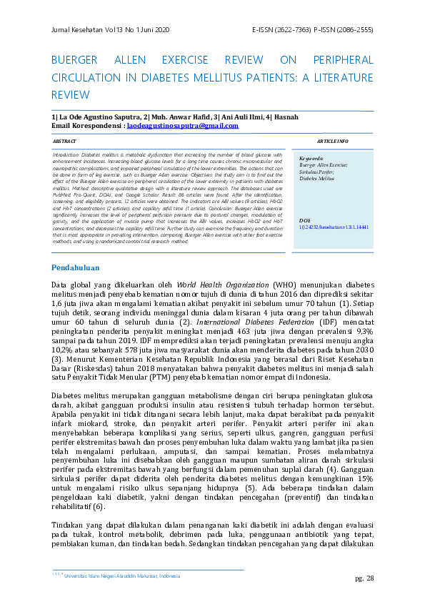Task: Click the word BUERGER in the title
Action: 77,60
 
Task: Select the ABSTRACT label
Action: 64,142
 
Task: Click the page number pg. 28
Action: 364,578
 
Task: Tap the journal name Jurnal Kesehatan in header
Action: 81,29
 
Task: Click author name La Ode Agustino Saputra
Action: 95,117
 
